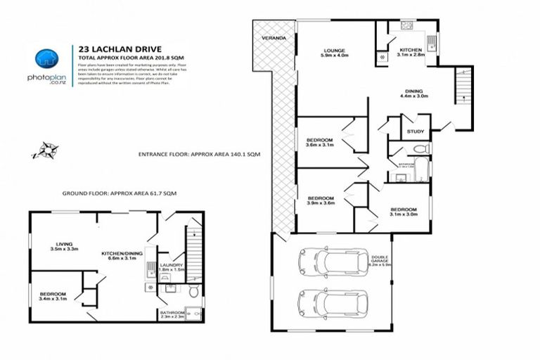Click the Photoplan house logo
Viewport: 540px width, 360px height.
(46, 59)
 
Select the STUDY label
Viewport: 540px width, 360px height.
(415, 131)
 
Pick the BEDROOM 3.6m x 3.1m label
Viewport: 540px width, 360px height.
(319, 143)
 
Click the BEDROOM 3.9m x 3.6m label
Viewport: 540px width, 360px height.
(321, 201)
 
